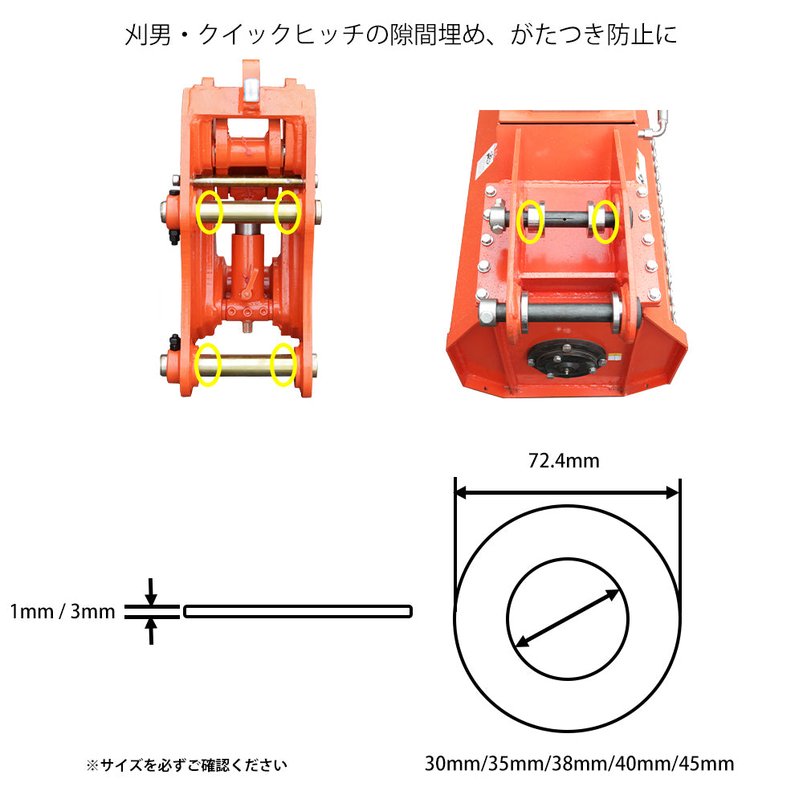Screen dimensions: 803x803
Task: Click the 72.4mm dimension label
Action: (564, 461)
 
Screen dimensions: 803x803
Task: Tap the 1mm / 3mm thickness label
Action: (63, 611)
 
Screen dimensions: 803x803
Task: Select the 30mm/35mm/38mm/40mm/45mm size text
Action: (579, 764)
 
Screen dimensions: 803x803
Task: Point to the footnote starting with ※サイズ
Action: (186, 765)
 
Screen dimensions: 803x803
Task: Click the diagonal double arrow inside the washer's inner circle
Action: (568, 618)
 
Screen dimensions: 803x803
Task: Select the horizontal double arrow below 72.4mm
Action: (567, 493)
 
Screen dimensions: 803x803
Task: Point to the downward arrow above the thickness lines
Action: (151, 592)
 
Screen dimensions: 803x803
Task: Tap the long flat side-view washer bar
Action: (298, 611)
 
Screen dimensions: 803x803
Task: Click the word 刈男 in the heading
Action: (148, 35)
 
